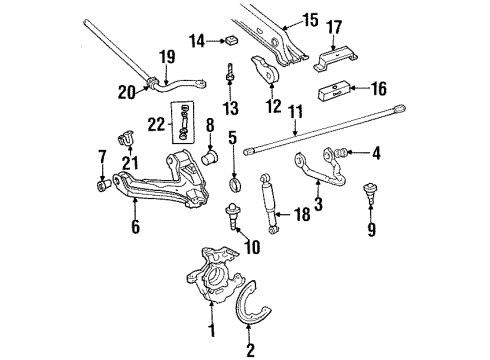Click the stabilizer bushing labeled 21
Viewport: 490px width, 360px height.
[127, 136]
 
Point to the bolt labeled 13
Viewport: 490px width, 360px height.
[229, 72]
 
